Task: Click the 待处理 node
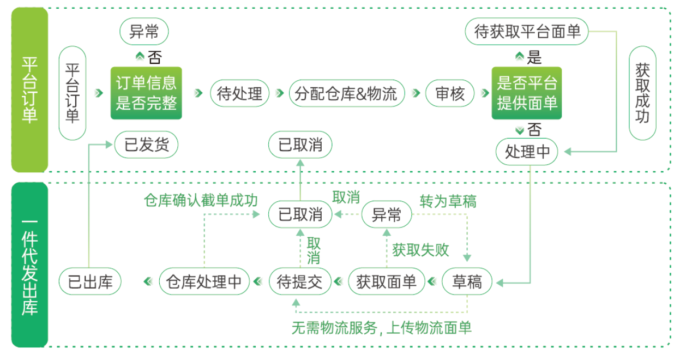[x=239, y=93]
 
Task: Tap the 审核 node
[x=450, y=93]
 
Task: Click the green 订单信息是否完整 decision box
[x=146, y=93]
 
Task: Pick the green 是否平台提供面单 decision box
[x=527, y=93]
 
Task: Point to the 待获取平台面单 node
[x=527, y=32]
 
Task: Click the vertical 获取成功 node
[x=642, y=93]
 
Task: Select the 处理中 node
[x=527, y=152]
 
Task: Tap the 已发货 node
[x=146, y=145]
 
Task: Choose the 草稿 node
[x=467, y=282]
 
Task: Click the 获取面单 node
[x=386, y=282]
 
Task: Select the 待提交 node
[x=300, y=282]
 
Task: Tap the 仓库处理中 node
[x=204, y=282]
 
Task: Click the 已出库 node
[x=90, y=282]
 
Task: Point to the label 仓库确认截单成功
[x=200, y=200]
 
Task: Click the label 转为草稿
[x=447, y=201]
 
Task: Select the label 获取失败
[x=420, y=250]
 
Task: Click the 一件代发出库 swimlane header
[x=29, y=265]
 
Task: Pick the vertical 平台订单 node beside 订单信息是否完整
[x=72, y=93]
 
